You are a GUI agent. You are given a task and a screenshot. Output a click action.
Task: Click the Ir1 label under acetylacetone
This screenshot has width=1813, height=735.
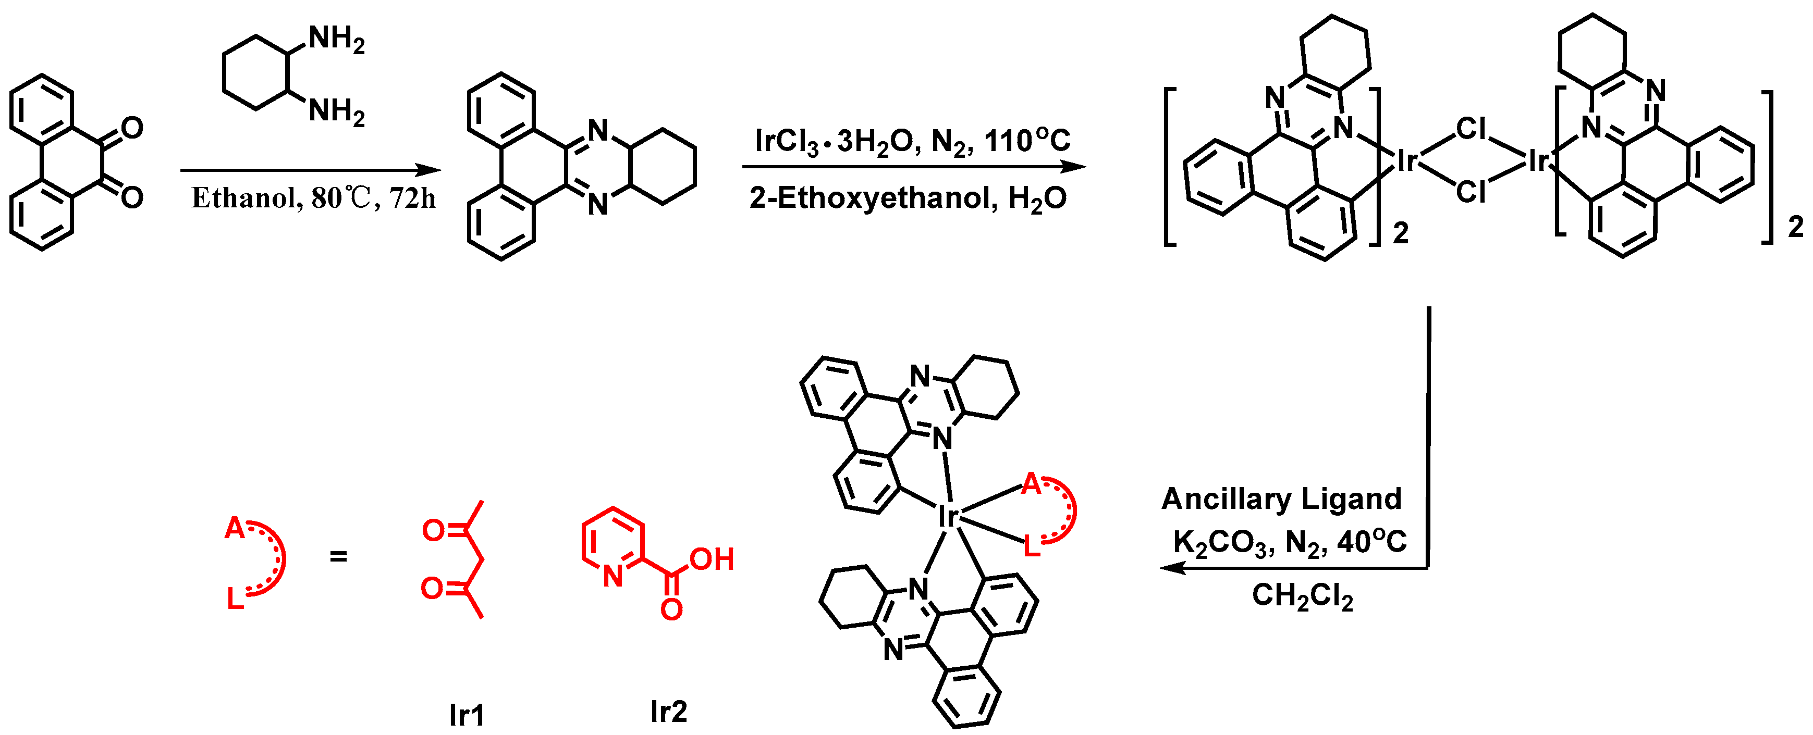[x=467, y=715]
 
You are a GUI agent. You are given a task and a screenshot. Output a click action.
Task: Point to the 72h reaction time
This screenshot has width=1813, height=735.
[x=412, y=198]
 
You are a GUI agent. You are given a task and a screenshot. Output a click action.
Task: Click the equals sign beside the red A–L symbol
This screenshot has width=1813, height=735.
[x=338, y=556]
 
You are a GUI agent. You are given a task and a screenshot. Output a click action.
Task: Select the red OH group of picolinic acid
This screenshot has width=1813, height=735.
[x=712, y=560]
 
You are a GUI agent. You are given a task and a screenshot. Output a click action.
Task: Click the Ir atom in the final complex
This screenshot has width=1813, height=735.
[x=948, y=517]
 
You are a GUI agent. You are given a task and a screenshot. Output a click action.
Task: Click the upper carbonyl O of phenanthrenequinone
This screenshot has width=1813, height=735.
[x=131, y=128]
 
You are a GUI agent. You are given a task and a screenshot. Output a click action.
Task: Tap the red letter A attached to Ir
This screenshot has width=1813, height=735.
[x=1031, y=484]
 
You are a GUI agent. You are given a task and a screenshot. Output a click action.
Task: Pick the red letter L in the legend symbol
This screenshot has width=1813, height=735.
[x=235, y=599]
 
